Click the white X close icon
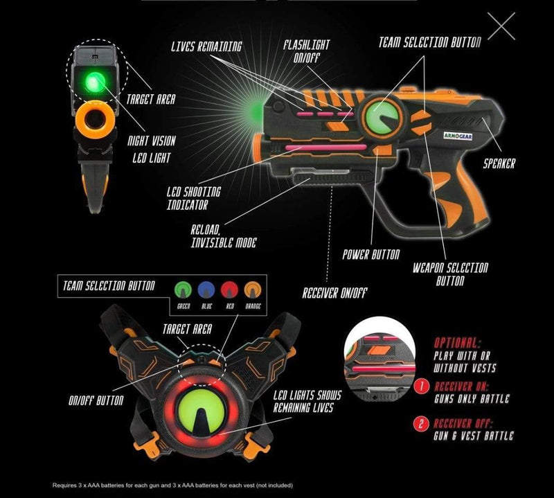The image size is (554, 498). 501,26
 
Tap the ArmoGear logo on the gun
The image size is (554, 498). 458,136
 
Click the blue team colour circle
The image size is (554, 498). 206,290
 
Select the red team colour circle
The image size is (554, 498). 230,290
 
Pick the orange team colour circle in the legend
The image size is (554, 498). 253,290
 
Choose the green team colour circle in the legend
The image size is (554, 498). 183,290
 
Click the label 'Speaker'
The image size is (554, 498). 499,163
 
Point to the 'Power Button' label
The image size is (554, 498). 371,254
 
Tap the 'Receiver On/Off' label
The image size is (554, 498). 334,293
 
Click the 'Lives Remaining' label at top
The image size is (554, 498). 206,46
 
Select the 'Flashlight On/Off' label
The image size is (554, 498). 306,51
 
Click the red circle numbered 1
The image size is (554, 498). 421,386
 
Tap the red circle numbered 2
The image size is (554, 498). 421,423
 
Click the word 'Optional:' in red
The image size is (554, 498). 457,342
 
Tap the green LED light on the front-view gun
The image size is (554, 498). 94,83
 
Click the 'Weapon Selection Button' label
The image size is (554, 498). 451,274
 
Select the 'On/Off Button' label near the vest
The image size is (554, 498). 96,400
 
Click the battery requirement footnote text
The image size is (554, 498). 172,486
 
